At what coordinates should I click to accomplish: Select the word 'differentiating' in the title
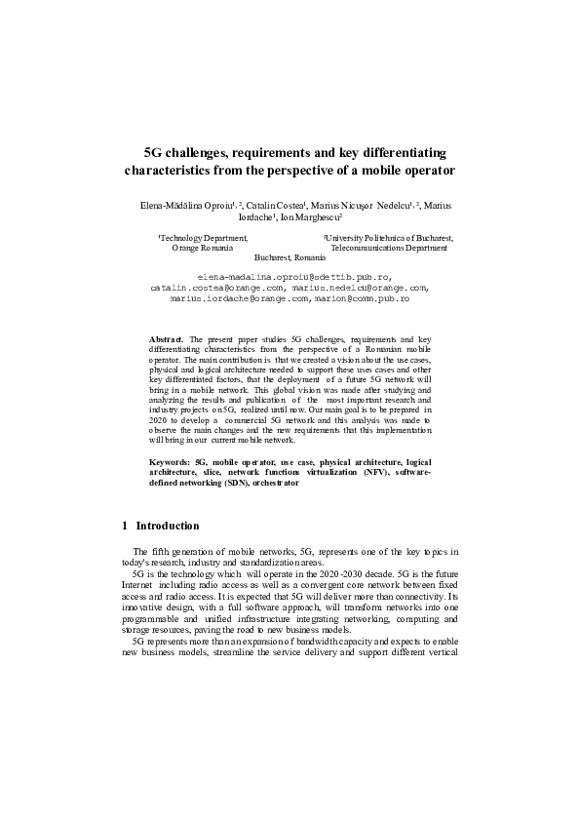(x=399, y=153)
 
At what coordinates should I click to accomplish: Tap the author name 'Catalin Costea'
(x=277, y=206)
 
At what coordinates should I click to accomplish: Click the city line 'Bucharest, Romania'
(x=290, y=258)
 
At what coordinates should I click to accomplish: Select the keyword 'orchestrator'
(x=272, y=482)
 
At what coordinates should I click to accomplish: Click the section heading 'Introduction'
(x=168, y=526)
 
